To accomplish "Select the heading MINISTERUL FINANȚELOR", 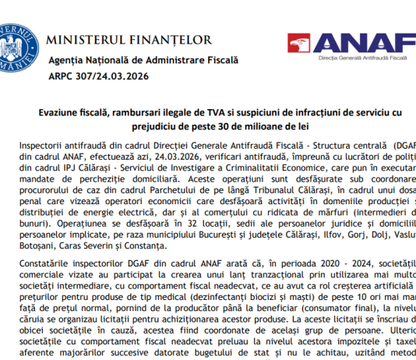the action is click(x=128, y=39).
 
